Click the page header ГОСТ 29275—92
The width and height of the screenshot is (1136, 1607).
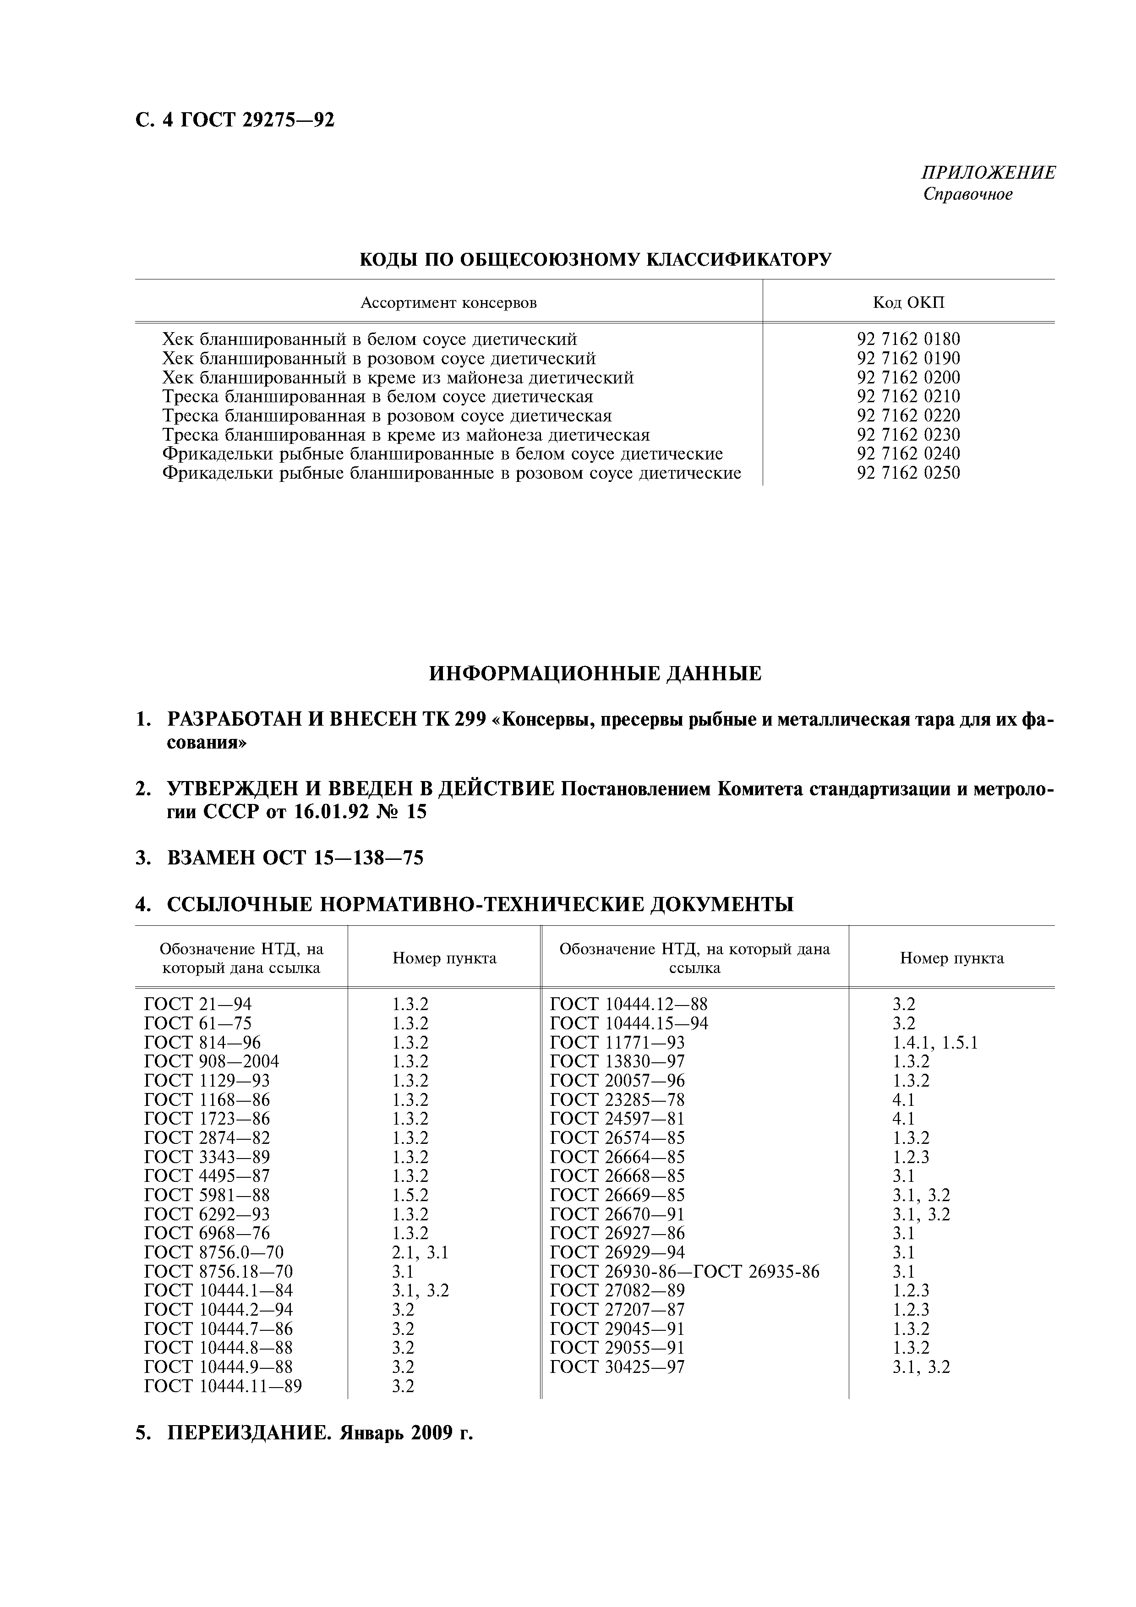[x=257, y=121]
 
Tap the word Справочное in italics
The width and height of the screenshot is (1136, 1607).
[x=967, y=195]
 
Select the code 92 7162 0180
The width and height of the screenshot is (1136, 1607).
[x=908, y=339]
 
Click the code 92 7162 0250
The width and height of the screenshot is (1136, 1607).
[x=908, y=473]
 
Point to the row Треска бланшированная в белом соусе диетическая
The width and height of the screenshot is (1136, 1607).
[x=377, y=397]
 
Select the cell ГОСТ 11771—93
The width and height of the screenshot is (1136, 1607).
[x=617, y=1043]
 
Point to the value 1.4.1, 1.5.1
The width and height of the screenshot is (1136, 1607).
[x=934, y=1043]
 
